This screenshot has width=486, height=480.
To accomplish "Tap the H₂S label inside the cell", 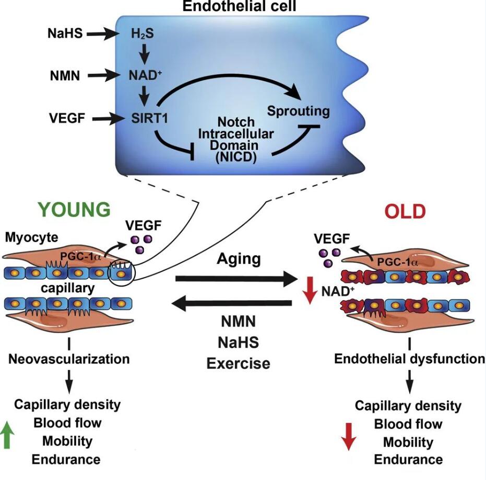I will click(x=139, y=35).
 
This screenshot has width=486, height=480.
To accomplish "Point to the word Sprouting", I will click(x=299, y=111).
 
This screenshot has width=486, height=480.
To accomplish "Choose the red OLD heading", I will click(x=405, y=211).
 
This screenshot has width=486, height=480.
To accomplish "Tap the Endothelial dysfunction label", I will click(x=409, y=359).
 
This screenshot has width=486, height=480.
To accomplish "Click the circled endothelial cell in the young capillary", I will click(x=121, y=272).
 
